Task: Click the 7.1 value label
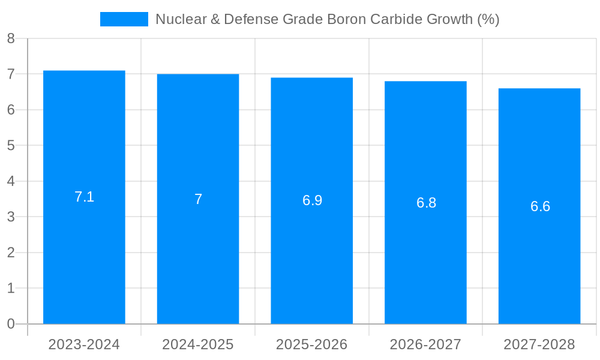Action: coord(84,197)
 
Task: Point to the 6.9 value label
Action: coord(312,200)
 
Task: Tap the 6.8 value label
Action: coord(426,203)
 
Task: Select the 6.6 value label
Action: coord(540,206)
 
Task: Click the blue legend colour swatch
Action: coord(124,19)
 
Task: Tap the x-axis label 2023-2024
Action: coord(84,344)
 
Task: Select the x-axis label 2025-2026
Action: coord(312,344)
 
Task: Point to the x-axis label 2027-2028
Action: coord(539,344)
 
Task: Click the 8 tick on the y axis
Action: coord(11,39)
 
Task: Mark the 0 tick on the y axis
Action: coord(11,324)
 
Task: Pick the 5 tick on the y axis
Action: coord(11,146)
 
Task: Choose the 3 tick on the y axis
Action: coord(11,217)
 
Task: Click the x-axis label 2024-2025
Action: coord(198,344)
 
